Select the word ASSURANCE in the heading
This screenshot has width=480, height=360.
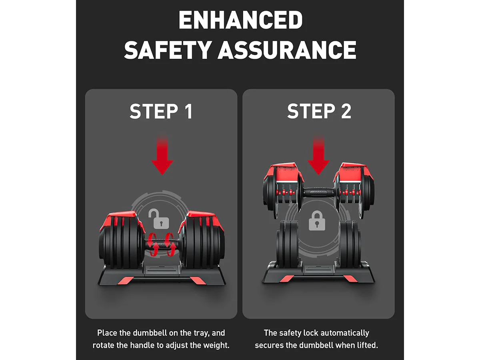coord(287,50)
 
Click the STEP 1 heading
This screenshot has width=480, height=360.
coord(161,111)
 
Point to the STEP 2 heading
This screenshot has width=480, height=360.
coord(319,111)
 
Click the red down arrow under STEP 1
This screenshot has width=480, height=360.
coord(162,155)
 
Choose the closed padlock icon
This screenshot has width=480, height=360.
coord(317,220)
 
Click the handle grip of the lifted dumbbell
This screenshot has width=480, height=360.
coord(318,193)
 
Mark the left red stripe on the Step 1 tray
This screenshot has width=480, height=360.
coord(126,281)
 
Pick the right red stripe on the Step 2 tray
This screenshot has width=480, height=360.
coord(350,279)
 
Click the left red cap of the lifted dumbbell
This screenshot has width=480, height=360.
coord(284,172)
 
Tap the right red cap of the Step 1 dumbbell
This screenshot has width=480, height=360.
coord(202,220)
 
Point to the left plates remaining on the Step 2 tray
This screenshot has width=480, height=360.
coord(287,244)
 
